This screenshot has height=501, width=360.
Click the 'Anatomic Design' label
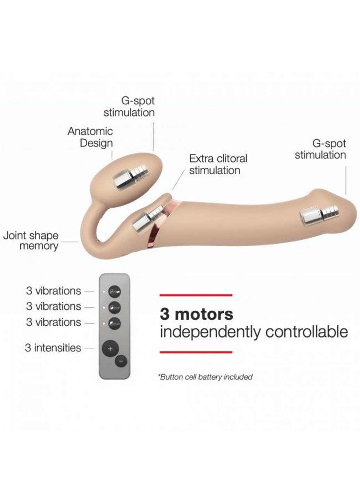(90, 137)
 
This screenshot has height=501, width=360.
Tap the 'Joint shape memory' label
(31, 240)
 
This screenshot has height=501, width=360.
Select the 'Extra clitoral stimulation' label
(218, 164)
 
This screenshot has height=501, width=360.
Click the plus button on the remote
(110, 348)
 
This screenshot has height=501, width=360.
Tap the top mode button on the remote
(114, 292)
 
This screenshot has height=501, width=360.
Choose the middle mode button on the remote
(114, 307)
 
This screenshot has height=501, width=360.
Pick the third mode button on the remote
(114, 323)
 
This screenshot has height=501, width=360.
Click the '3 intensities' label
(53, 348)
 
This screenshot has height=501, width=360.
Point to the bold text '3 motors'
(197, 314)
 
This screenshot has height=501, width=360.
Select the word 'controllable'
(306, 332)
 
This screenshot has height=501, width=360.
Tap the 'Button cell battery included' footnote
(205, 377)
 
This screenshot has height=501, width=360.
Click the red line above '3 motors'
(196, 295)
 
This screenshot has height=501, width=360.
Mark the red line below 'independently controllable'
(196, 352)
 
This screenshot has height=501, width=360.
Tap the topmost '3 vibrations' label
(54, 291)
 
